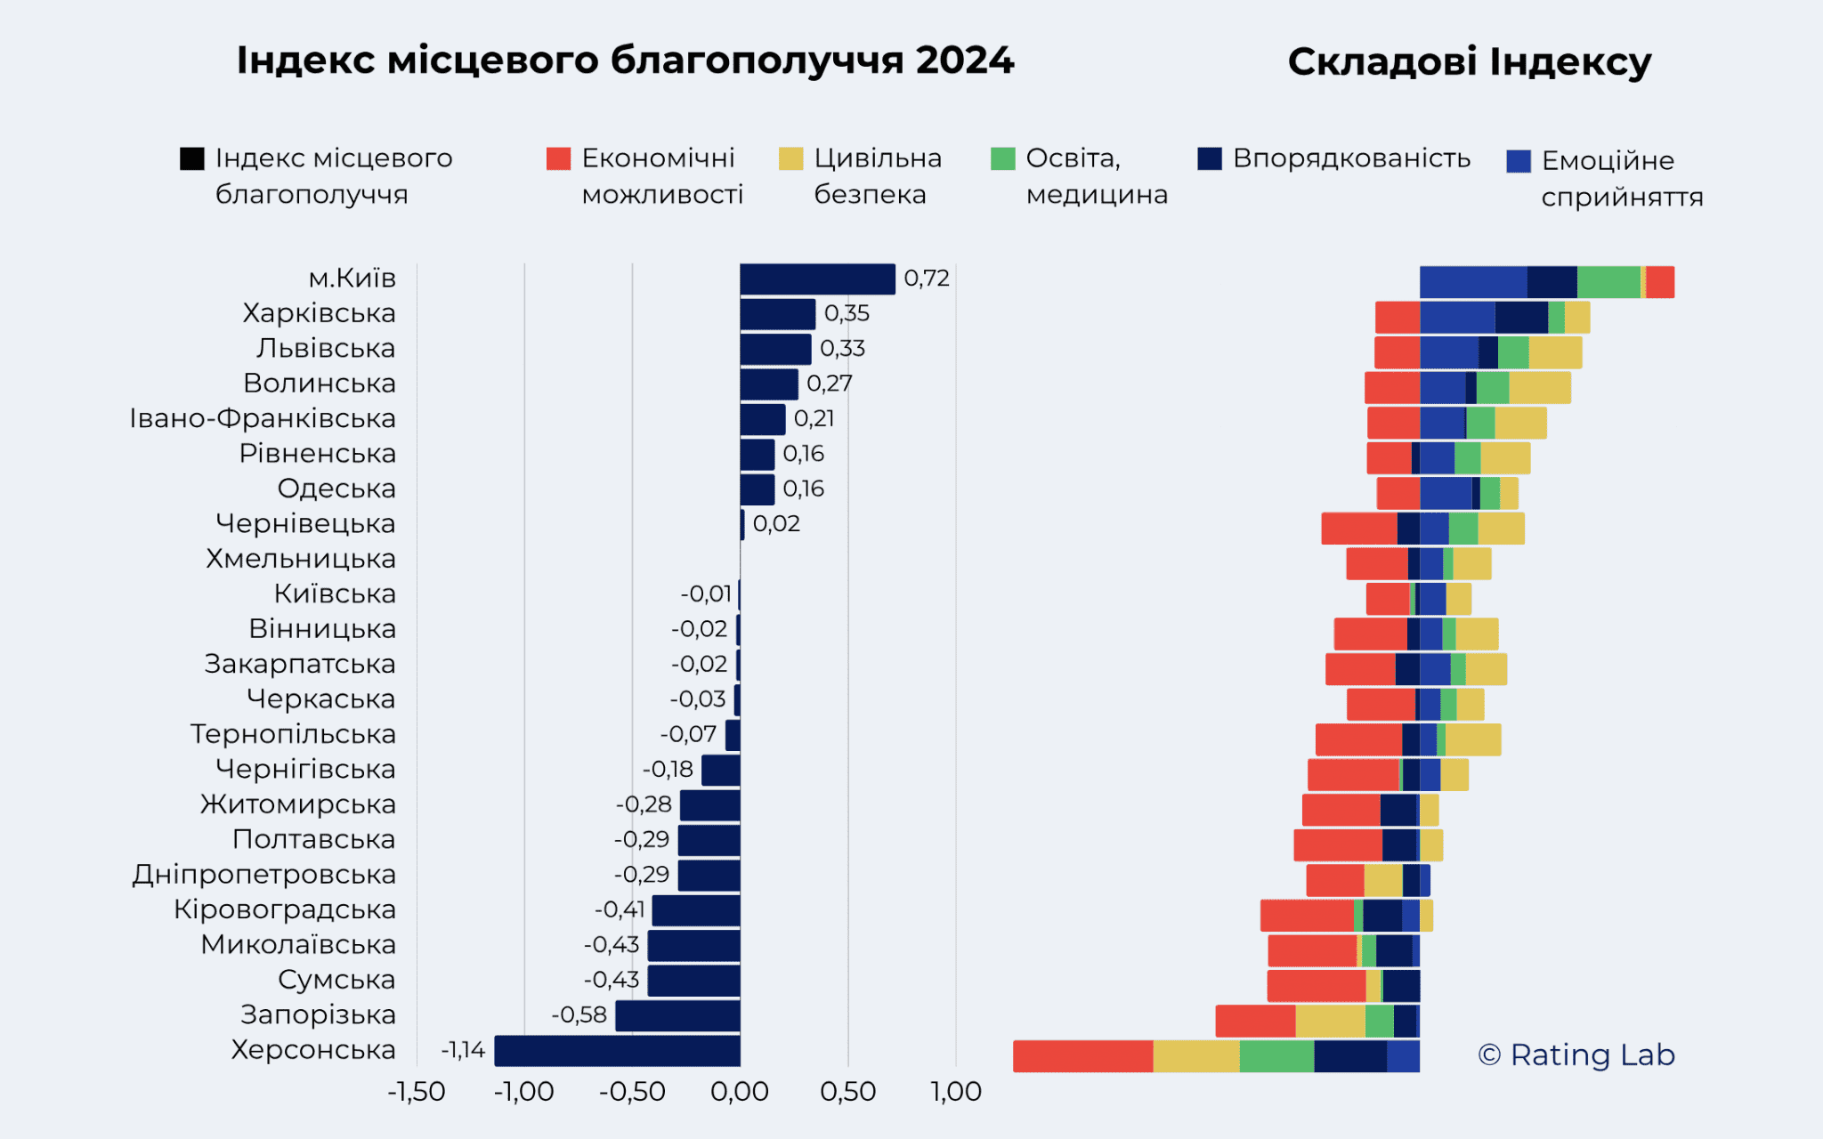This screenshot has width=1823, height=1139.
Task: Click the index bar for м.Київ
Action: (817, 279)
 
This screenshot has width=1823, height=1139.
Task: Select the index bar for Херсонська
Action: (617, 1051)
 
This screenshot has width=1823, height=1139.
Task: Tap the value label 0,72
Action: (927, 279)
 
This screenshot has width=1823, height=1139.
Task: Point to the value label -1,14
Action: (463, 1051)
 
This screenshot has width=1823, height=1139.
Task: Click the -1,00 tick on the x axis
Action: (524, 1092)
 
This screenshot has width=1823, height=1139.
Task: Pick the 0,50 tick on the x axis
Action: (847, 1092)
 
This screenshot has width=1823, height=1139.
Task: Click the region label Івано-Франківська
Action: (263, 418)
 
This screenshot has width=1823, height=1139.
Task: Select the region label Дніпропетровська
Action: (264, 875)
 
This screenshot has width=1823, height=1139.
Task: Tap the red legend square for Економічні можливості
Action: (558, 159)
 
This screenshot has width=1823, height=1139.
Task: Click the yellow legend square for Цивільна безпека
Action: (790, 159)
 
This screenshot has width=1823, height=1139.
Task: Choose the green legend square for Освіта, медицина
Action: (1002, 159)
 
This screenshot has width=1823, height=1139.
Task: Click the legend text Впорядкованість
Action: (1351, 158)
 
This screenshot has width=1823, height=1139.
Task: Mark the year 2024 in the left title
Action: (964, 61)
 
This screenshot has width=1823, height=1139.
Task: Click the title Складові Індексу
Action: (1469, 62)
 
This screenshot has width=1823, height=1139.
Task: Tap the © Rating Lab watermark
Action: (1576, 1055)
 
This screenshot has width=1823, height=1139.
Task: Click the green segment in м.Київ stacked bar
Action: (1608, 282)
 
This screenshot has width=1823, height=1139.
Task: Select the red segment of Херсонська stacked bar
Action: (1082, 1056)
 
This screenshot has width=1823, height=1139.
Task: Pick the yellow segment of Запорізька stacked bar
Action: (1330, 1022)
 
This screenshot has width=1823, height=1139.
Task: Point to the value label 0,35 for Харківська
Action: (847, 313)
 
